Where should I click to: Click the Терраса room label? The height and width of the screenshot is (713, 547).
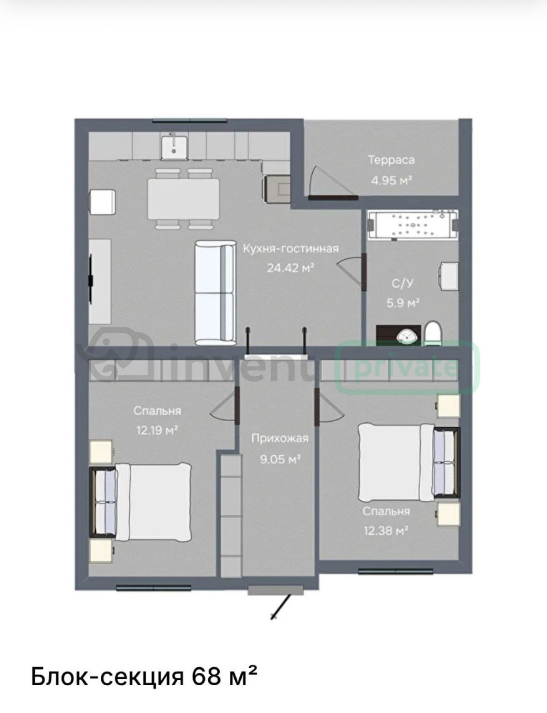point(392,160)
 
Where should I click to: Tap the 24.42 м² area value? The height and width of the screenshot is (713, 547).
point(290,268)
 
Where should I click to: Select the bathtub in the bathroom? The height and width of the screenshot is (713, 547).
point(413,225)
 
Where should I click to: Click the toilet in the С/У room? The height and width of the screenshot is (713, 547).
point(433,333)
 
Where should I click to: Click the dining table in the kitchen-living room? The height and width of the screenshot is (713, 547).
point(183,199)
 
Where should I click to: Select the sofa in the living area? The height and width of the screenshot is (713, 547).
point(215,293)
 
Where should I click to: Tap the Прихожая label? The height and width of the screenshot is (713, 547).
point(280,438)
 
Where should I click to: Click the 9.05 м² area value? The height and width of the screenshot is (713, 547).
point(280,459)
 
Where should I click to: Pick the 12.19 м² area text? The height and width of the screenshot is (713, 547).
point(157,430)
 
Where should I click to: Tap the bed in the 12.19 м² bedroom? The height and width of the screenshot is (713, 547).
point(141,502)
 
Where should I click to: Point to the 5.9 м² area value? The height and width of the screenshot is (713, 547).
point(403,303)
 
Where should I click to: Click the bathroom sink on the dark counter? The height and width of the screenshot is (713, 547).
point(406,336)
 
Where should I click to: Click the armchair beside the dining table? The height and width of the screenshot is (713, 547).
point(103,202)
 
